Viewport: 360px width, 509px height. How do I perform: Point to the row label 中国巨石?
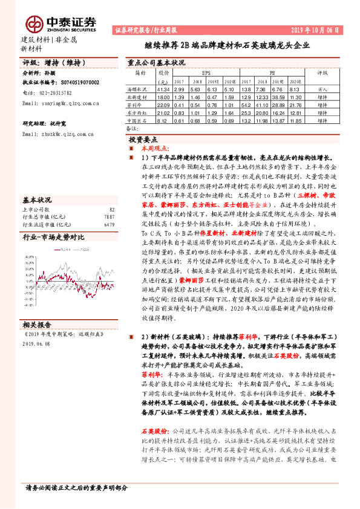pyautogui.click(x=137, y=119)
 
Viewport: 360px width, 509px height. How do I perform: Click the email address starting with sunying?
pyautogui.click(x=61, y=103)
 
